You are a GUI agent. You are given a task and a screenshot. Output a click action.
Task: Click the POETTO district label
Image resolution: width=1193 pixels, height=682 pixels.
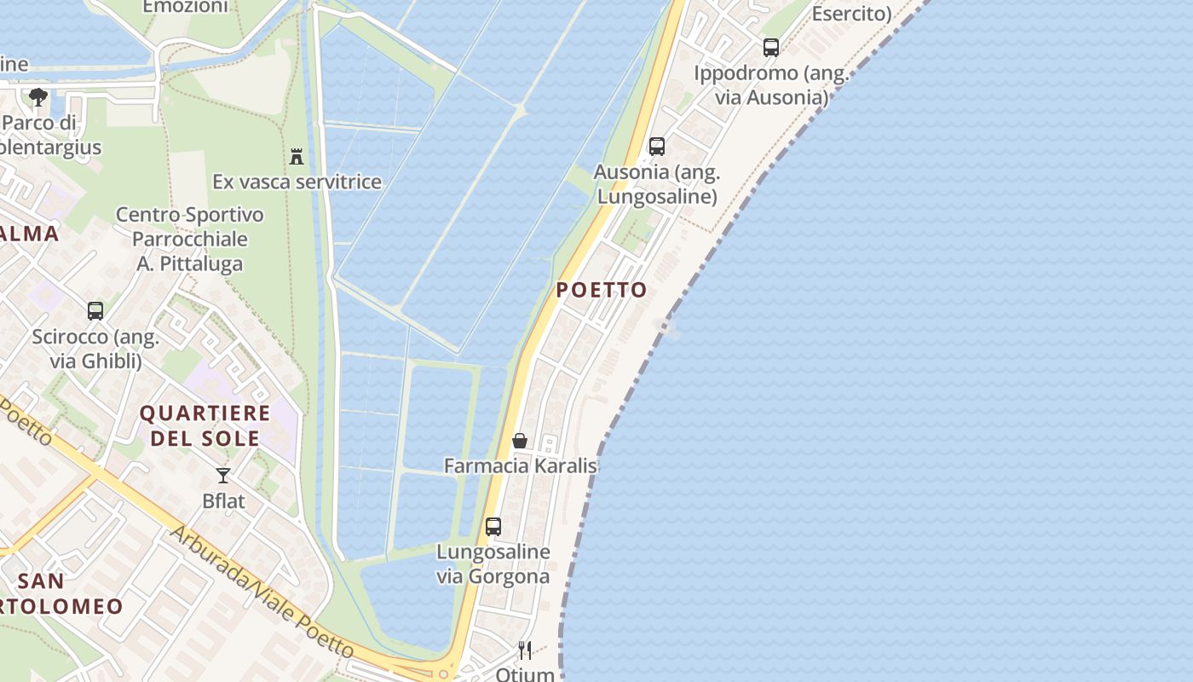pos(602,290)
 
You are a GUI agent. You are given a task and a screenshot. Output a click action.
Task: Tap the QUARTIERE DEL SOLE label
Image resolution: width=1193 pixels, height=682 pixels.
pos(205,426)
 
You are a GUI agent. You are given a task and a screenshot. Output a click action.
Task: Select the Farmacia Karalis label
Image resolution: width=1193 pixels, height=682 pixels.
pos(520,465)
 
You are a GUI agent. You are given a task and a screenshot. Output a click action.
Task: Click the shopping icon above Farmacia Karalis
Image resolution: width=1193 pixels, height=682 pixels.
pos(520,441)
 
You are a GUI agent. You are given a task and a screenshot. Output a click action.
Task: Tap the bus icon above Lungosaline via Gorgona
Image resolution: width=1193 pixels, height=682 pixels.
pos(493,526)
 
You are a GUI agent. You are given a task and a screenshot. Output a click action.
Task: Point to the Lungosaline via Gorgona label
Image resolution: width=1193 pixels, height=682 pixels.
pos(493,564)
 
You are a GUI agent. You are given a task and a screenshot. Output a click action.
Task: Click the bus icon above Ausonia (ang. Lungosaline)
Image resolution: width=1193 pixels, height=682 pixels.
pos(657,146)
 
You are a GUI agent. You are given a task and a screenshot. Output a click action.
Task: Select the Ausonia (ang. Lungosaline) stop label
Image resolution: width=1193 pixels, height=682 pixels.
pos(657,184)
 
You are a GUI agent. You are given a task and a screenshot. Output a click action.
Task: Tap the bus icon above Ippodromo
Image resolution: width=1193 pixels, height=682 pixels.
pos(771,48)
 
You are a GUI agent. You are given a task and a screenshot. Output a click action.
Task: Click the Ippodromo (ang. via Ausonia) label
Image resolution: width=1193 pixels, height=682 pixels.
pos(771,85)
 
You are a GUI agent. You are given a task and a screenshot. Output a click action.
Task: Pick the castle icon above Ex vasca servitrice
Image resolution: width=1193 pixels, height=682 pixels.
pos(297,156)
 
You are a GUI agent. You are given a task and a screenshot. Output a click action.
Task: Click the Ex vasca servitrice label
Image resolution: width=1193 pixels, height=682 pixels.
pos(297,182)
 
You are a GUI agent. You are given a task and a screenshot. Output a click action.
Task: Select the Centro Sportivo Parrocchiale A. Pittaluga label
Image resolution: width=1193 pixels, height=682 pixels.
pos(190,240)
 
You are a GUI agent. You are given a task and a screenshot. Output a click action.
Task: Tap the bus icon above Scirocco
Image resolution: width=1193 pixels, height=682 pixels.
pos(95,311)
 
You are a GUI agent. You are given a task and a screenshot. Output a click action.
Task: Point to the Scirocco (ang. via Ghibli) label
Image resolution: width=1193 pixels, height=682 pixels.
pos(95,349)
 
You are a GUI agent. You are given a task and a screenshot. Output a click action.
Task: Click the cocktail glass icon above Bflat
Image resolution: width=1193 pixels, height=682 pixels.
pos(223,476)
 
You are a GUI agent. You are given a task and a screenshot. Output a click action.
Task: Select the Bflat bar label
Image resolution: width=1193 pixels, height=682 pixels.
pos(223,501)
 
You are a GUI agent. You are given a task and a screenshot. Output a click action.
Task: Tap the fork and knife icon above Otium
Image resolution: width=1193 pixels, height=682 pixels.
pos(525,650)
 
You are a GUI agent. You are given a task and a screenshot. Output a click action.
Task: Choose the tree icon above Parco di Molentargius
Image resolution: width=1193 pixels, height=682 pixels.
pos(37,97)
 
